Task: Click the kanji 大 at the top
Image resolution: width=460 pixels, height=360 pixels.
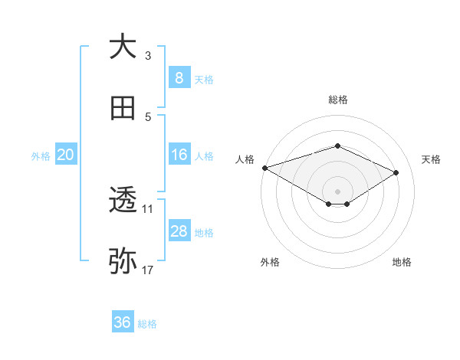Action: [123, 47]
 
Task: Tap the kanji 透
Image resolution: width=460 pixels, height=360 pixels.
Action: [123, 200]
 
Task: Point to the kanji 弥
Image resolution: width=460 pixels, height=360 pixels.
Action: [123, 261]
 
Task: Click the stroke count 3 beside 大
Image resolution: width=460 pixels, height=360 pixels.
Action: [148, 56]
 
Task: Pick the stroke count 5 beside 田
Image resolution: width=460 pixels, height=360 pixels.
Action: [148, 117]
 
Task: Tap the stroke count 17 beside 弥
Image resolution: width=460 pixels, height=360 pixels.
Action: [148, 270]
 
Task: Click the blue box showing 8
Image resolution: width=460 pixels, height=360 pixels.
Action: [179, 78]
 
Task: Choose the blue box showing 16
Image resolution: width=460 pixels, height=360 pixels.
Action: [179, 155]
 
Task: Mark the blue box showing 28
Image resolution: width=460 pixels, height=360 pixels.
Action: [179, 231]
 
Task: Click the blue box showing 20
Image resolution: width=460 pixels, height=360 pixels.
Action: [66, 155]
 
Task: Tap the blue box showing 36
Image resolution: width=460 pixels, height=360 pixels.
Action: [123, 322]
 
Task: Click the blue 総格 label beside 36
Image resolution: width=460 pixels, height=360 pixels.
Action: [148, 324]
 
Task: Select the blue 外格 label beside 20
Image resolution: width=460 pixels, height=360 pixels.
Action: [41, 156]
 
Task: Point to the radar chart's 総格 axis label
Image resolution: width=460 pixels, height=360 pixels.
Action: [338, 100]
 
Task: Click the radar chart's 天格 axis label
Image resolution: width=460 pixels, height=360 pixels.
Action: [431, 159]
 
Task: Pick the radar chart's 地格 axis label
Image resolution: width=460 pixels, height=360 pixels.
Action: [402, 262]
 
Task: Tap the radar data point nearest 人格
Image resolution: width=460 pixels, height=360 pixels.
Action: [264, 168]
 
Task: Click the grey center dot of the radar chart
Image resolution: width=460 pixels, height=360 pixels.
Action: [338, 191]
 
